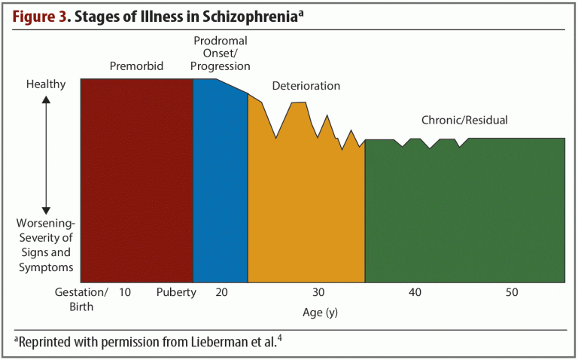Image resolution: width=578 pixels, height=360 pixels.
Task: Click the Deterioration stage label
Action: [306, 86]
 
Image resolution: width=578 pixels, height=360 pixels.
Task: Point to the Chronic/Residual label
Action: [464, 120]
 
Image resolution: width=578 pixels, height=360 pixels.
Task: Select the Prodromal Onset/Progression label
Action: [220, 53]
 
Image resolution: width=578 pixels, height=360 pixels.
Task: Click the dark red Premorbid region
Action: [136, 181]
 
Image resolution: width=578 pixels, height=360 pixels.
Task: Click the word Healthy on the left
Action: [46, 84]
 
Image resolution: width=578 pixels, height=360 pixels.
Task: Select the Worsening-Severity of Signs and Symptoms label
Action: [46, 246]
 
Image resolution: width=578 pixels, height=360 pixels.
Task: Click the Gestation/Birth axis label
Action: [82, 298]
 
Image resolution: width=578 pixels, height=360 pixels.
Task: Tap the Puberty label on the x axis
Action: [176, 292]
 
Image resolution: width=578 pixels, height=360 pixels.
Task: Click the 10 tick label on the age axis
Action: [125, 292]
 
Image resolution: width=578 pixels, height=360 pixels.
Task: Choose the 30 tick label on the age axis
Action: [318, 292]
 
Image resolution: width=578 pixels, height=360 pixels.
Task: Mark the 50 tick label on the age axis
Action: [512, 292]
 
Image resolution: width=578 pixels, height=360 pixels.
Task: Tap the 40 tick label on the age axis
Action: [415, 292]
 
